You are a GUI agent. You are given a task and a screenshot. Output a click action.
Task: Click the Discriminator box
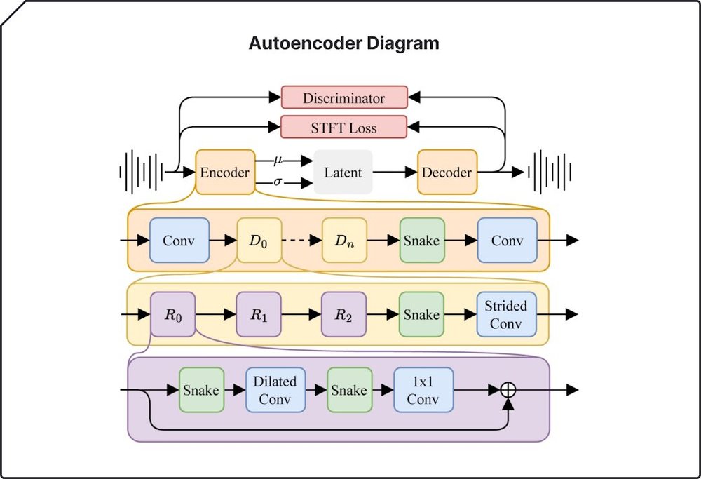(x=343, y=98)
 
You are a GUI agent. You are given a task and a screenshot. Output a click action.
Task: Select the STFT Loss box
(x=343, y=128)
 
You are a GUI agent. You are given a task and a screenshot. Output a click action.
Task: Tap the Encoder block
(x=225, y=172)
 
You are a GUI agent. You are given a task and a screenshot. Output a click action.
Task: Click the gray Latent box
(x=343, y=172)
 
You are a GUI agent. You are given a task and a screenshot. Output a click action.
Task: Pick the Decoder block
(x=447, y=172)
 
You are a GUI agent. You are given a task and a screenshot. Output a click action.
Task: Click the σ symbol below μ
(x=278, y=182)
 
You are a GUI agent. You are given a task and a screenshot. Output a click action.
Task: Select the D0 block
(x=259, y=241)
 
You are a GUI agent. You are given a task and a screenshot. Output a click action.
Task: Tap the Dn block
(x=344, y=241)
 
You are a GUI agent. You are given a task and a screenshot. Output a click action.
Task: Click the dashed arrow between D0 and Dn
(x=301, y=241)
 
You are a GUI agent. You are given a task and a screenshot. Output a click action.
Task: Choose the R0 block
(x=173, y=314)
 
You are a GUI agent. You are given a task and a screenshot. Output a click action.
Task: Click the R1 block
(x=259, y=314)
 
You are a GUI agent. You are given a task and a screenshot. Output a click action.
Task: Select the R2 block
(x=343, y=314)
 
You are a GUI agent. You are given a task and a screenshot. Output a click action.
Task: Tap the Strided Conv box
(x=506, y=314)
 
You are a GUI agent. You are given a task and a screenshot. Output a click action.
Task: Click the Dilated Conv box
(x=275, y=390)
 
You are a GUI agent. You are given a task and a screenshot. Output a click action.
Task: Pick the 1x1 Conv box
(x=423, y=390)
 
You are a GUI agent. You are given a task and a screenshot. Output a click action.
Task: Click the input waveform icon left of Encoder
(x=144, y=172)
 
